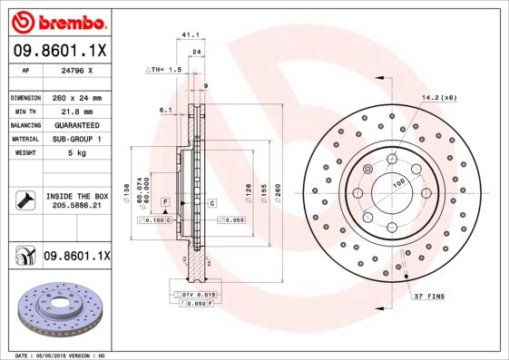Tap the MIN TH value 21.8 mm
click(x=78, y=111)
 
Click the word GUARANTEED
click(x=78, y=124)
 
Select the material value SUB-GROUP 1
click(x=78, y=139)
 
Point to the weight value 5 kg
click(x=78, y=153)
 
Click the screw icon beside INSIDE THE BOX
click(x=24, y=199)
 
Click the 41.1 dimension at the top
click(x=191, y=35)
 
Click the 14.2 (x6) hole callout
click(x=437, y=98)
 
